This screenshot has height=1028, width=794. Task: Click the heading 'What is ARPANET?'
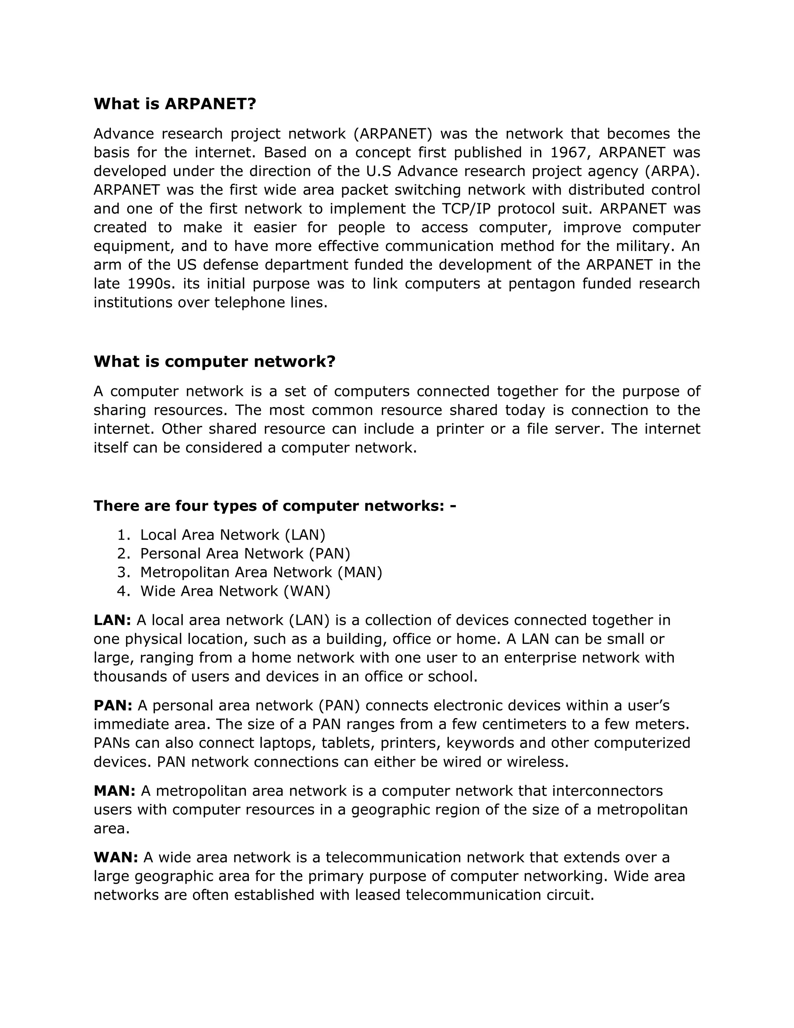click(174, 104)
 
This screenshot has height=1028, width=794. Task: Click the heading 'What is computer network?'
click(214, 362)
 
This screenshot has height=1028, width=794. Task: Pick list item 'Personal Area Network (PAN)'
click(245, 554)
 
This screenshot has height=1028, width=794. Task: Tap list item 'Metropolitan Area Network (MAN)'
click(261, 572)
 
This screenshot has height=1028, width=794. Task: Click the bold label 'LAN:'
click(112, 620)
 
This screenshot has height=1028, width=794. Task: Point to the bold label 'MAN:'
click(114, 791)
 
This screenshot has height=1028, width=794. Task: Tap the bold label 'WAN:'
click(116, 858)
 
